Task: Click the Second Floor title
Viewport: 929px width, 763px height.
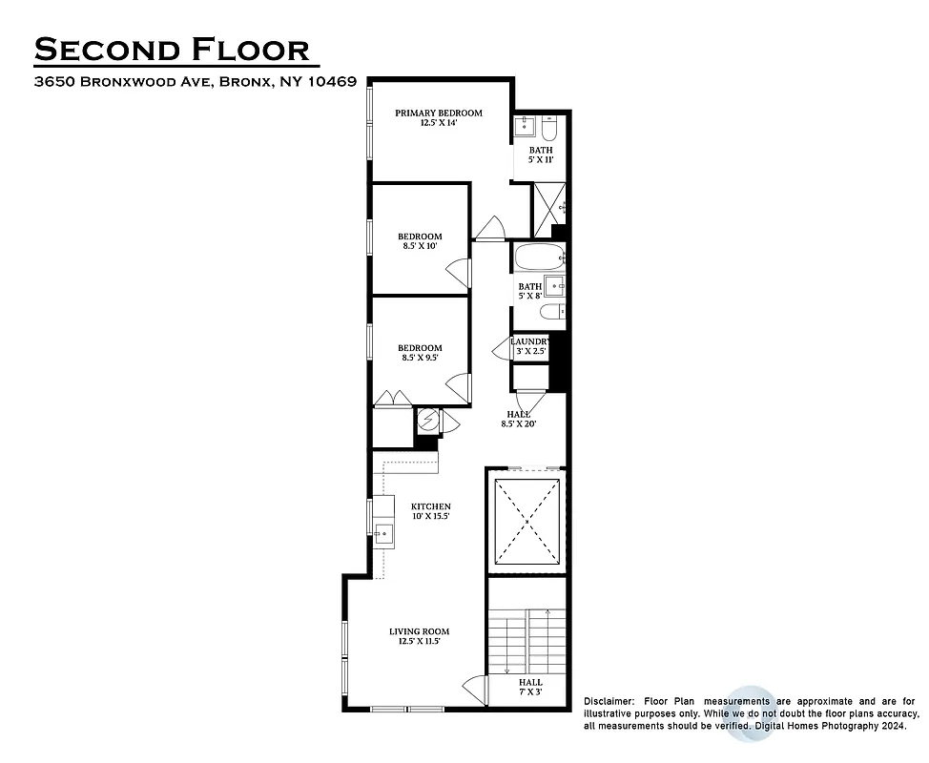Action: [x=172, y=49]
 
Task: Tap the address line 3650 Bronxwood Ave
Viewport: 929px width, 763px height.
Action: [x=196, y=82]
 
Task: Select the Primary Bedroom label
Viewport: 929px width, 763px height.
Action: [x=439, y=117]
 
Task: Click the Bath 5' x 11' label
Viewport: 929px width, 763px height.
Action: [x=541, y=155]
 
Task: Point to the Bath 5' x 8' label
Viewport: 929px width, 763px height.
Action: [x=529, y=291]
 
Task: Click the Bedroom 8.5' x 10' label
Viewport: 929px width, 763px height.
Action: [x=420, y=240]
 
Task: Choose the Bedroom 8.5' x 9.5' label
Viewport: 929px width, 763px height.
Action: [x=420, y=353]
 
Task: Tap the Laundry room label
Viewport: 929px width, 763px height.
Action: [x=528, y=346]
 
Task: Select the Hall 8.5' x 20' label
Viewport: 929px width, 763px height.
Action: [x=521, y=419]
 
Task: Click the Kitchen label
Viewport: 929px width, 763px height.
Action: [x=430, y=510]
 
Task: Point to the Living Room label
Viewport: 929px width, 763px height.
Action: [x=419, y=636]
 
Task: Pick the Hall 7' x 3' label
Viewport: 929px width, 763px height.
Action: [x=530, y=687]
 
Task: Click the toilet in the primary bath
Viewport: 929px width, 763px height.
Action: [x=557, y=126]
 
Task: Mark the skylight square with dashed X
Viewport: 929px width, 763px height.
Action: [x=526, y=523]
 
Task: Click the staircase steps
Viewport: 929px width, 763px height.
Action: [x=526, y=639]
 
